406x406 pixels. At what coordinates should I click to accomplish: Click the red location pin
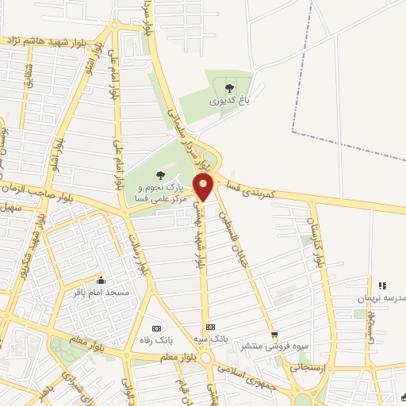coord(205,189)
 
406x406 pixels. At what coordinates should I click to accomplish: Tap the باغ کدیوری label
coord(229,101)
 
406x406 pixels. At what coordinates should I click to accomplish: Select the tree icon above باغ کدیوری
coord(229,88)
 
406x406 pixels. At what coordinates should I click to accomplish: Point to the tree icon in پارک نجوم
coord(161,174)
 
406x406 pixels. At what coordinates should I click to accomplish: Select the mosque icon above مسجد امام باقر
coord(101,280)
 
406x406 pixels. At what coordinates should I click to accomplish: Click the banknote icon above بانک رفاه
coord(156,327)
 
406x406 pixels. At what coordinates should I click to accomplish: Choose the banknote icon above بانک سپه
coord(210,327)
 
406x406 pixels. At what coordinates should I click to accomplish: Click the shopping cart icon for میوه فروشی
coord(275,334)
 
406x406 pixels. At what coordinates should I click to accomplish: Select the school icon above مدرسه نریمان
coord(381,285)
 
